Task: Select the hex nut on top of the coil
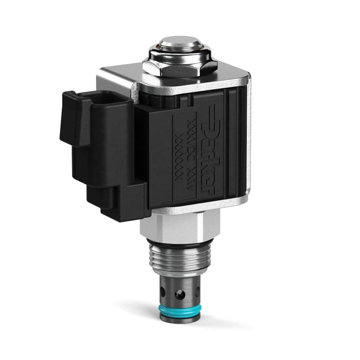coord(180,67)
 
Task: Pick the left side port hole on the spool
coord(162,290)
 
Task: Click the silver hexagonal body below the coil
coord(180,225)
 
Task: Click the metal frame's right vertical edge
coord(248,144)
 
